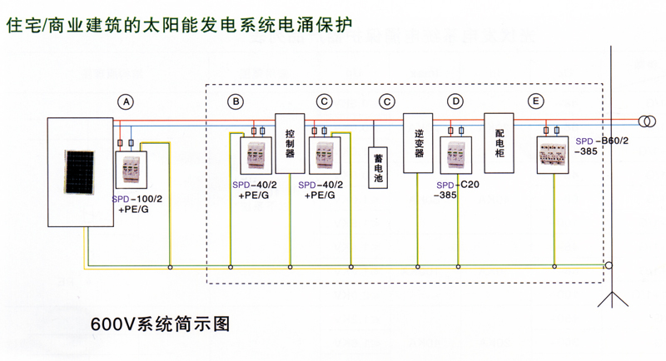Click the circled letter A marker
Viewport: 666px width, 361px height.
point(126,101)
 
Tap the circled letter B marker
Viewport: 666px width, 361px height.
point(236,101)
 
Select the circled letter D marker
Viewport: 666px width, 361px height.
point(455,101)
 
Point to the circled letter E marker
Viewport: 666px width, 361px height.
point(535,101)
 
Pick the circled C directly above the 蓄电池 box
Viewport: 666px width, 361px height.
point(387,101)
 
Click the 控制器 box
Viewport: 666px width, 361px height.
point(290,143)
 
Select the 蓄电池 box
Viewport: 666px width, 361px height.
point(378,167)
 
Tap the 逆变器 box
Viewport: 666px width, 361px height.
point(418,143)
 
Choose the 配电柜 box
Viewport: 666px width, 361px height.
point(499,143)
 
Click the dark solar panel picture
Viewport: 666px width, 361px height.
point(79,172)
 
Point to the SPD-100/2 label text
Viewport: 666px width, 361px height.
point(137,199)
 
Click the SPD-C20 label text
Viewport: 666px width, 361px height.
point(458,185)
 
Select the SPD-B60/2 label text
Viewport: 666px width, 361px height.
point(602,141)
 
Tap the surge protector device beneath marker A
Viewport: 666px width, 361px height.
point(132,169)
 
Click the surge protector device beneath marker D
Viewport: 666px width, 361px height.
point(456,155)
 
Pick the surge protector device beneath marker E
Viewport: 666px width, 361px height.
point(553,155)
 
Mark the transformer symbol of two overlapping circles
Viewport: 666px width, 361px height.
point(647,121)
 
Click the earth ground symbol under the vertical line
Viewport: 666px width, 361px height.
point(612,299)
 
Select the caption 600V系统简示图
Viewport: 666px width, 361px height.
point(161,324)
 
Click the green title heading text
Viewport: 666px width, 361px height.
point(179,25)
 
